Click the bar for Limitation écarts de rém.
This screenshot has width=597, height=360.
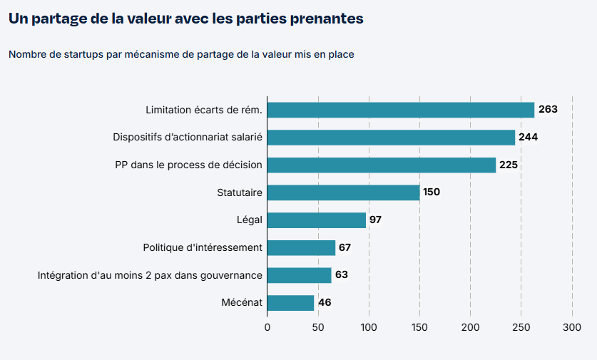coord(401,110)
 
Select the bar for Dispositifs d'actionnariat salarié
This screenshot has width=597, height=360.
coord(391,138)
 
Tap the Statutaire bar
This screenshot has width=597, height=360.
coord(343,192)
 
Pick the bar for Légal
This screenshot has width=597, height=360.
coord(317,220)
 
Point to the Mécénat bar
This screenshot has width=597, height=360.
coord(290,303)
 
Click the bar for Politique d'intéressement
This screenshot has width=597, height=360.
coord(301,247)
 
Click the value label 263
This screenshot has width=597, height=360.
coord(548,110)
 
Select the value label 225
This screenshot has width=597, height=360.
coord(509,165)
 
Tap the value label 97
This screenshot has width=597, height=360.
coord(376,220)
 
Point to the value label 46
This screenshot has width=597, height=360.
coord(325,303)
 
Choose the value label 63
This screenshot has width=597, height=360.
coord(342,275)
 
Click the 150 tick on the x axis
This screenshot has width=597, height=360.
coord(419,327)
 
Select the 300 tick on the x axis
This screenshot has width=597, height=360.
coord(572,327)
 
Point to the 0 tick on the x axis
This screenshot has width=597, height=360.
coord(267,327)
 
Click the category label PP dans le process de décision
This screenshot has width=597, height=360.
coord(188,165)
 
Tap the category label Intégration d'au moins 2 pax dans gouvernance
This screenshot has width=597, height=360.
coord(150,275)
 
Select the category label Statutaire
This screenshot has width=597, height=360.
coord(240,192)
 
